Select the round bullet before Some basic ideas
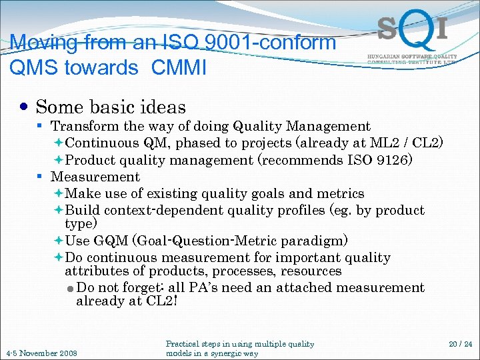click(24, 107)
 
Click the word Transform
click(85, 126)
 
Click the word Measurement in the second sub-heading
click(95, 177)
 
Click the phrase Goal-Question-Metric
click(193, 241)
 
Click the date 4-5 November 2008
click(41, 353)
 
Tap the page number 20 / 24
click(459, 344)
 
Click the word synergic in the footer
click(224, 353)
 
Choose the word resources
click(311, 271)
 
